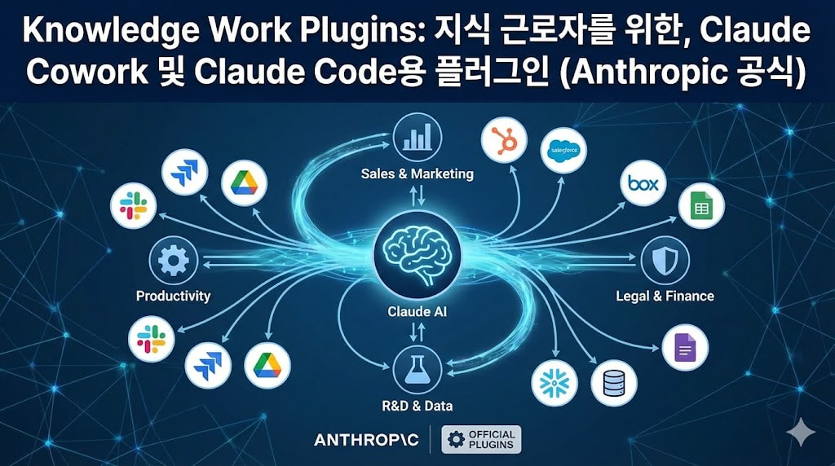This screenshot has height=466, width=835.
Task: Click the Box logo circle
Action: (x=643, y=184)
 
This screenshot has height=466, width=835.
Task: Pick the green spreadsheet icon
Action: (x=701, y=208)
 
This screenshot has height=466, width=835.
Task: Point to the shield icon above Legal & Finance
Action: (x=665, y=262)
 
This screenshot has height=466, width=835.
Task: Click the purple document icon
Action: (x=685, y=348)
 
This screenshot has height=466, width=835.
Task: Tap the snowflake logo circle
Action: (x=554, y=382)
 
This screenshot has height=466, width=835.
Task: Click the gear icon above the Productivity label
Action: (x=174, y=262)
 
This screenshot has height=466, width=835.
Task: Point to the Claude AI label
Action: (x=417, y=311)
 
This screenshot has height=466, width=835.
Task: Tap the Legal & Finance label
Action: (x=665, y=297)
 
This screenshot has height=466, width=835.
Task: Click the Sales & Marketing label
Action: (x=417, y=174)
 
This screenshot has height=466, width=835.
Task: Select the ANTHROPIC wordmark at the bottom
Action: (x=366, y=440)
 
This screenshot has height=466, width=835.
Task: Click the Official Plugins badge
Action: (x=481, y=439)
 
